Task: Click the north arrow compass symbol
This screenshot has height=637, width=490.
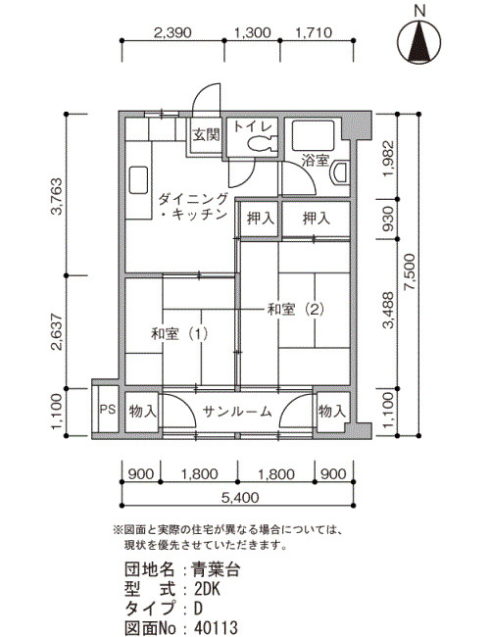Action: point(419,42)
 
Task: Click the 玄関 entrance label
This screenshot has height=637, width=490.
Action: point(207,134)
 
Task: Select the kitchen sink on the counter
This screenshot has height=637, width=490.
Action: point(138,180)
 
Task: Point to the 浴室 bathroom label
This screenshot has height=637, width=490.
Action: point(315,160)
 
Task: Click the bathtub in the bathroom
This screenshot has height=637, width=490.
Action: point(314,134)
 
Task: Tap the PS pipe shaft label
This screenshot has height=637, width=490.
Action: point(108,409)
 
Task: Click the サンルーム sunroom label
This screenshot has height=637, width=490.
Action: point(237,412)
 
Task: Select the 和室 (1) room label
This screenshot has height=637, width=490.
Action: point(179,334)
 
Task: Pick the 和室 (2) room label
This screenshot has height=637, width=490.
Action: point(295,310)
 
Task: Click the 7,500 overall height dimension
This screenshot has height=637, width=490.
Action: point(410,271)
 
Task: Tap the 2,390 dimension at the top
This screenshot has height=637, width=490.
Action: point(172,32)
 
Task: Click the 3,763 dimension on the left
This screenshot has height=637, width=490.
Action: point(57,196)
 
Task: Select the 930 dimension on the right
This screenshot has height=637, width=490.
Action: point(388,219)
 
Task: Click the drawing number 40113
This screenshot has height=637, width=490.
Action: point(216,627)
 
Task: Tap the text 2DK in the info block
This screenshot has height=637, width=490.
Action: point(207,589)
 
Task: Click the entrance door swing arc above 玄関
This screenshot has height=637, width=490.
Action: point(203,94)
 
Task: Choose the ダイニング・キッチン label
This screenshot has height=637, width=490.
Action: point(193,207)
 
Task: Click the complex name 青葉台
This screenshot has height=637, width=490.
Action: point(217,569)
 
